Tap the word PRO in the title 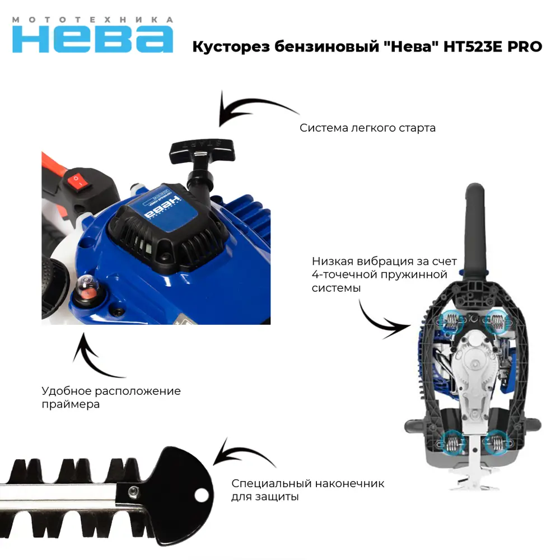pyautogui.click(x=525, y=47)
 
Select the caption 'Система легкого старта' pyautogui.click(x=367, y=128)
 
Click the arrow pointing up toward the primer pyautogui.click(x=95, y=356)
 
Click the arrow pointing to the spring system pyautogui.click(x=381, y=319)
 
